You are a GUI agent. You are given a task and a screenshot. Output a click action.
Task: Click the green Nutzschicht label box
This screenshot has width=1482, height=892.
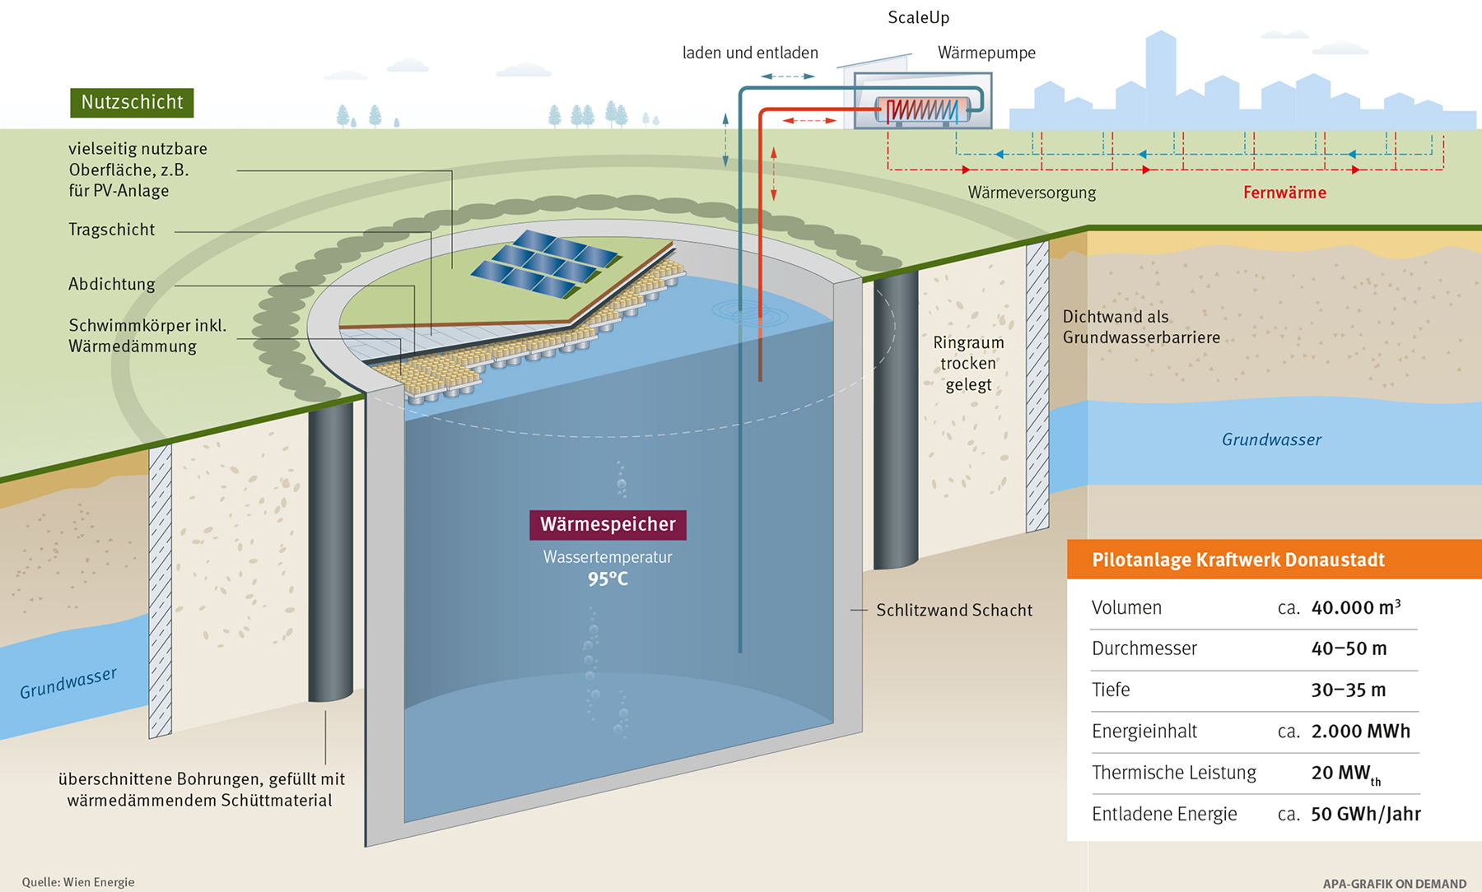[x=132, y=102]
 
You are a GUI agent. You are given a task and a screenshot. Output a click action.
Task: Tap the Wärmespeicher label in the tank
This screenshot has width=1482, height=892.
[x=608, y=524]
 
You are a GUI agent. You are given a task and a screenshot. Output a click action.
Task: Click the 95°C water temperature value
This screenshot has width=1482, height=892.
[x=608, y=579]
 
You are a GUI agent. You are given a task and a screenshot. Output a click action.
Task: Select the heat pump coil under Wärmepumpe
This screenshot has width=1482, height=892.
[x=921, y=109]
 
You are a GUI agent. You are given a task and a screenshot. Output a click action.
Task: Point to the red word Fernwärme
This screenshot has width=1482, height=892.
[x=1284, y=193]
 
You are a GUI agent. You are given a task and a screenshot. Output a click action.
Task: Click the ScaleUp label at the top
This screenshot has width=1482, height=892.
[x=918, y=17]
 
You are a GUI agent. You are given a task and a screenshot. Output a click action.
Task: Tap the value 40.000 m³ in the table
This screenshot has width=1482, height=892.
[x=1355, y=608]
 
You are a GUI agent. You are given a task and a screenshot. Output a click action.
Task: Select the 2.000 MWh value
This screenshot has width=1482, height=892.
[x=1360, y=732]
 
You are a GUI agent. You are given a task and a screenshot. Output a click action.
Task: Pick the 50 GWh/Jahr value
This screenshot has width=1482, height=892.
[x=1365, y=814]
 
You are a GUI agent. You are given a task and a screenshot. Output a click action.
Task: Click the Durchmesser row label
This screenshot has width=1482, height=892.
[x=1144, y=648]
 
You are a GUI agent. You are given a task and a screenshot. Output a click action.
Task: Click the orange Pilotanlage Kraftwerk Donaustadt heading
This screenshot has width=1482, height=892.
[x=1237, y=560]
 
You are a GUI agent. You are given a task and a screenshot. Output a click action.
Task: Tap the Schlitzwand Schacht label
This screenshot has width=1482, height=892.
[x=953, y=610]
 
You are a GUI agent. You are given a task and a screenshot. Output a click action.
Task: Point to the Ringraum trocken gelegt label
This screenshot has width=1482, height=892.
[x=968, y=363]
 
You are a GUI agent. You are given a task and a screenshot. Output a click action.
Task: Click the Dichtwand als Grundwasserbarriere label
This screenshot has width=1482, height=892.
[x=1140, y=327]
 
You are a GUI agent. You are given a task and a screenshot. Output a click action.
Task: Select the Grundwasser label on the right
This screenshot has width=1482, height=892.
[x=1270, y=439]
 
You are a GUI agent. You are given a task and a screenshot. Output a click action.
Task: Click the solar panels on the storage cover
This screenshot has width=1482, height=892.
[x=545, y=262]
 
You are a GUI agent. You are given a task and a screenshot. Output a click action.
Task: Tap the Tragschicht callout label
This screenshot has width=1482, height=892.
[x=111, y=230]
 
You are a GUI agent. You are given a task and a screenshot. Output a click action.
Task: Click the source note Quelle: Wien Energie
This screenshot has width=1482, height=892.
[x=78, y=882]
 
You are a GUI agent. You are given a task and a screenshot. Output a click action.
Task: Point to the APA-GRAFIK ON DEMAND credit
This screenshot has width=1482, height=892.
[x=1394, y=884]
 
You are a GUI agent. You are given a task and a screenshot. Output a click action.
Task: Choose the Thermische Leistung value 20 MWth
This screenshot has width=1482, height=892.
[x=1345, y=774]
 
